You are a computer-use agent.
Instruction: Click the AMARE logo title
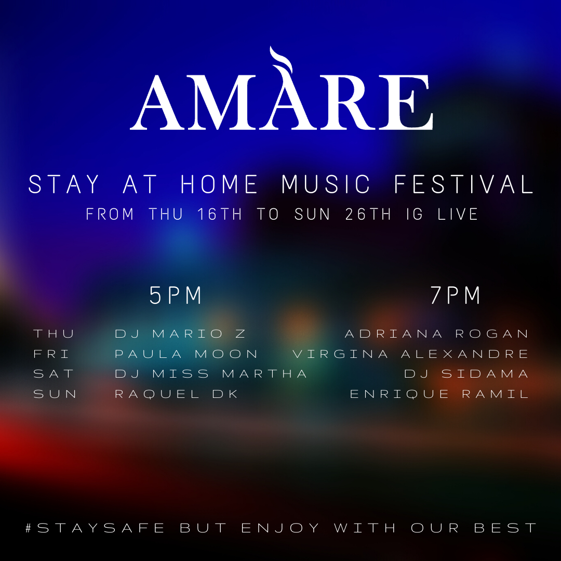pyautogui.click(x=282, y=102)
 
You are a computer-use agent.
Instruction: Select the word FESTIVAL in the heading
pyautogui.click(x=464, y=184)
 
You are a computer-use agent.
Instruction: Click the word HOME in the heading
pyautogui.click(x=219, y=184)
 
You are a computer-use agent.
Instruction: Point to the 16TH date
pyautogui.click(x=220, y=215)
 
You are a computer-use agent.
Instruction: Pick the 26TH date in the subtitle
pyautogui.click(x=368, y=215)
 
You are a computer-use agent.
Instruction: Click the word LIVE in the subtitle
pyautogui.click(x=458, y=215)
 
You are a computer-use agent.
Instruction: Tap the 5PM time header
pyautogui.click(x=176, y=296)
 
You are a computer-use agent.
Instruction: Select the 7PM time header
pyautogui.click(x=456, y=296)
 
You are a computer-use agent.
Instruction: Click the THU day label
pyautogui.click(x=54, y=334)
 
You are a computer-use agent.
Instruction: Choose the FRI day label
pyautogui.click(x=51, y=354)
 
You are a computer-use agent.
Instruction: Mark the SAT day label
pyautogui.click(x=54, y=374)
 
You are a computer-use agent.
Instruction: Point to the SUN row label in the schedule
pyautogui.click(x=55, y=394)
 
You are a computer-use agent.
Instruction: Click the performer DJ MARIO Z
pyautogui.click(x=180, y=334)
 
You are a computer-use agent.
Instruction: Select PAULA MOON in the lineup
pyautogui.click(x=186, y=354)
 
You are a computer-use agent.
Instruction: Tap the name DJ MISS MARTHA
pyautogui.click(x=211, y=374)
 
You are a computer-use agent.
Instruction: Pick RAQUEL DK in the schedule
pyautogui.click(x=177, y=394)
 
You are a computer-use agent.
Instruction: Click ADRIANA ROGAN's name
pyautogui.click(x=436, y=334)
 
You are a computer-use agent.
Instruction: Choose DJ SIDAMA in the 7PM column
pyautogui.click(x=466, y=374)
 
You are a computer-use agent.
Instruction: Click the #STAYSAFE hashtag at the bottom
pyautogui.click(x=95, y=528)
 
